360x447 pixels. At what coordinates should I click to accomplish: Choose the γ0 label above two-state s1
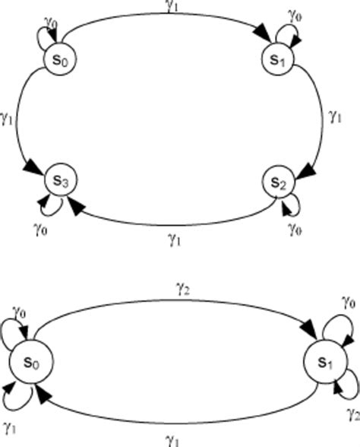pos(349,302)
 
